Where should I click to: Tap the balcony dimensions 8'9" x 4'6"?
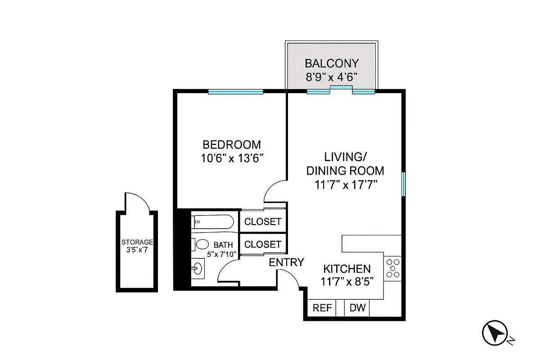[332, 76]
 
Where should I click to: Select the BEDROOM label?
[231, 145]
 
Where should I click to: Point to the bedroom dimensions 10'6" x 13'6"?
[231, 158]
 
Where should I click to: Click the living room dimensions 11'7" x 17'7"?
[345, 184]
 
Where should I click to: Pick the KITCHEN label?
[347, 269]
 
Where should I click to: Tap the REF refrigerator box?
[322, 308]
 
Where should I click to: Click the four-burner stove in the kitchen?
[392, 268]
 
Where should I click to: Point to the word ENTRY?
[287, 262]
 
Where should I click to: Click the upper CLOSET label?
[263, 222]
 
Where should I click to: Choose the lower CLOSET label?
[263, 244]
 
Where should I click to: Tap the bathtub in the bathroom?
[212, 221]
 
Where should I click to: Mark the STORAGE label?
[137, 242]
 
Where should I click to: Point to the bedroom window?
[235, 92]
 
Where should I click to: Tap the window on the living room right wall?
[404, 184]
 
